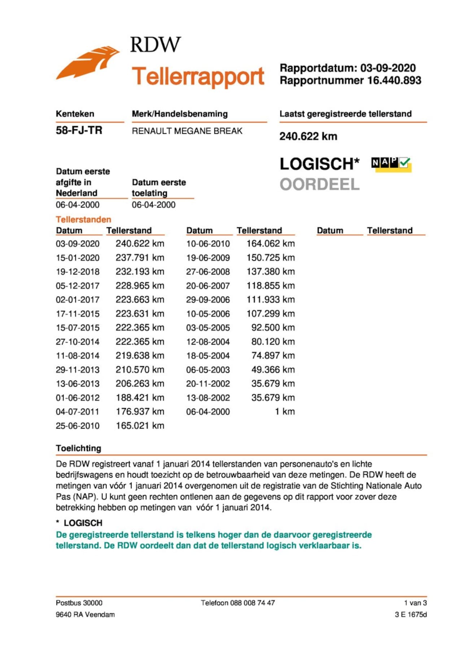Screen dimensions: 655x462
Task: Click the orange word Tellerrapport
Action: (198, 76)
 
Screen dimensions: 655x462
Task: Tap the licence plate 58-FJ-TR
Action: (79, 130)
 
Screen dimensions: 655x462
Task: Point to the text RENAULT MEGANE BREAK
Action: (187, 131)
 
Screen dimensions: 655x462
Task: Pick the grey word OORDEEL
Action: (319, 184)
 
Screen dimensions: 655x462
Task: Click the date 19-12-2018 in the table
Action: (78, 272)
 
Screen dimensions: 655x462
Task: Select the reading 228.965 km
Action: (140, 286)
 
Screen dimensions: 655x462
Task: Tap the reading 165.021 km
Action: (140, 425)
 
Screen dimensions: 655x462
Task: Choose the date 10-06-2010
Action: (208, 244)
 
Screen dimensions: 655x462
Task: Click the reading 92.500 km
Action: (273, 327)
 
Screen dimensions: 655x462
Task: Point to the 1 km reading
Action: (285, 411)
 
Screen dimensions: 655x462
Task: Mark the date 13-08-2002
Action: (208, 398)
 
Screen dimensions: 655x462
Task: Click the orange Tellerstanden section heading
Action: (83, 219)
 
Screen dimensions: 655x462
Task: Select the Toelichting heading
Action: (78, 448)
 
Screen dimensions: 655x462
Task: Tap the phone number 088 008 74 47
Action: (252, 603)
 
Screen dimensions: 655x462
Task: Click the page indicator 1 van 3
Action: (415, 603)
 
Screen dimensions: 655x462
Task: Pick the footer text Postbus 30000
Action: (79, 603)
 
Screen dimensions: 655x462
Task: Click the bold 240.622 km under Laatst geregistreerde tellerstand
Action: (308, 136)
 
